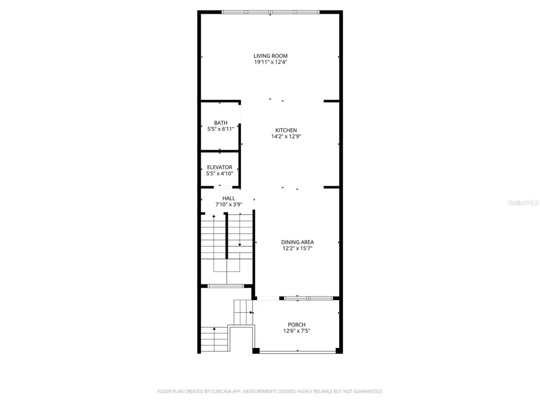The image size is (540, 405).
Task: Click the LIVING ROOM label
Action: pos(270,55)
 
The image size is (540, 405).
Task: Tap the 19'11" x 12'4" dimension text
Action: pos(270,62)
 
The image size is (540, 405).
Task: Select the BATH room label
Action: pos(220,122)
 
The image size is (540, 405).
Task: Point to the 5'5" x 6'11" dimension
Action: pos(220,129)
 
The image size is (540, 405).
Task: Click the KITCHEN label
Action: pos(286,130)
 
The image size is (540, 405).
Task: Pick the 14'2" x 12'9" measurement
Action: pos(286,137)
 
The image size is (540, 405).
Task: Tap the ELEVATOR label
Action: pos(219,167)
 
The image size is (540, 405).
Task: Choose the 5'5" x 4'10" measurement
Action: pos(219,173)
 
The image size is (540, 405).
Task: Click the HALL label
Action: pos(228,198)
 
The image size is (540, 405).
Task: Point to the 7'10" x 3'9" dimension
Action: pos(228,205)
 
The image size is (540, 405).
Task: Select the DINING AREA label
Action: pos(297,242)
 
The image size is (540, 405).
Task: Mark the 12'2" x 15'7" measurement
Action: pos(297,248)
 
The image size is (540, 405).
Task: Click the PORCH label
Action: pos(296,324)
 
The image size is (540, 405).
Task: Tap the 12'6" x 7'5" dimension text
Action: pos(296,331)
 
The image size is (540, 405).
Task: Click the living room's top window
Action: pos(270,12)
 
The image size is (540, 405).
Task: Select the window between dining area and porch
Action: pos(308,298)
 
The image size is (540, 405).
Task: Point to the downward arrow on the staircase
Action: pos(239,244)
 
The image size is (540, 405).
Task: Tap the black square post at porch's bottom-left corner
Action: pos(256,351)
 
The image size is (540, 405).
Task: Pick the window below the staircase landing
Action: pos(225,286)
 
